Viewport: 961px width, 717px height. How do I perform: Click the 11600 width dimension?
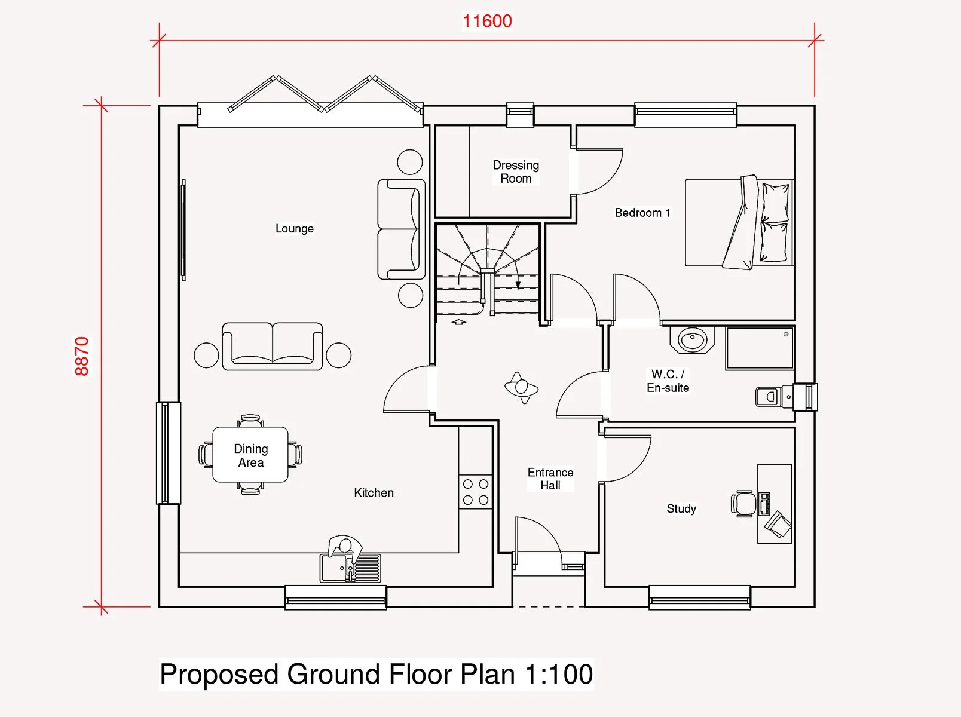point(487,21)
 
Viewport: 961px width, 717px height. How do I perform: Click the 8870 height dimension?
point(82,356)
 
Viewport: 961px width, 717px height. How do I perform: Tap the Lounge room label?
point(295,228)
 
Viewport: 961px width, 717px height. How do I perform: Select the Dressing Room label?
point(516,171)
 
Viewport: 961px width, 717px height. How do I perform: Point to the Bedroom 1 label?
point(642,213)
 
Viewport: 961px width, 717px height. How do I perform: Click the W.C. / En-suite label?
point(668,381)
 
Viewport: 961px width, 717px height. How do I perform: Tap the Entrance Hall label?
point(550,479)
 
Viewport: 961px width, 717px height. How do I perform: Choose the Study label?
point(681,508)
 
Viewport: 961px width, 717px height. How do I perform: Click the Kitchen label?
point(374,493)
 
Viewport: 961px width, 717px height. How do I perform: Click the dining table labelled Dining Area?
point(250,455)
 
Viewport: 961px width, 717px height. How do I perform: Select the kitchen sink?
point(350,568)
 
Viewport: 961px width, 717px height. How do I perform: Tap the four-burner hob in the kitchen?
point(476,492)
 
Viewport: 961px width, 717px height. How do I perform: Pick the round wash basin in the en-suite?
point(692,339)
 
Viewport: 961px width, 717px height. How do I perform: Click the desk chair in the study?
point(743,503)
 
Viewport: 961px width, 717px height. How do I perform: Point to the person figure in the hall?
point(521,387)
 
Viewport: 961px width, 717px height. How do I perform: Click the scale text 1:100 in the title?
point(559,673)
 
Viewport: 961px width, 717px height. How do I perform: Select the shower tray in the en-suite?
point(760,348)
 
